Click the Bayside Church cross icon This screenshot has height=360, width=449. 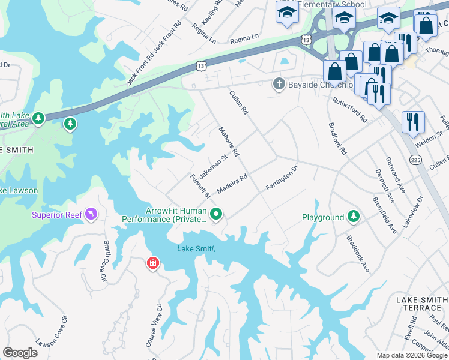pyautogui.click(x=279, y=84)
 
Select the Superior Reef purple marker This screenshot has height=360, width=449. pyautogui.click(x=91, y=214)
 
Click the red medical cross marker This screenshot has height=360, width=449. pyautogui.click(x=153, y=263)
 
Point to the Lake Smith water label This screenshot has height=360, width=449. pyautogui.click(x=196, y=248)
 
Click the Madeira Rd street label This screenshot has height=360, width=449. pyautogui.click(x=232, y=184)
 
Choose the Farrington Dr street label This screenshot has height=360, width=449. pyautogui.click(x=282, y=178)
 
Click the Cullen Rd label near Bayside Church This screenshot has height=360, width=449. pyautogui.click(x=238, y=103)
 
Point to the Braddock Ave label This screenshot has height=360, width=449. pyautogui.click(x=357, y=253)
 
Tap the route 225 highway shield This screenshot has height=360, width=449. pyautogui.click(x=415, y=160)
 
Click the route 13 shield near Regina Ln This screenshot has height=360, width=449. pyautogui.click(x=306, y=40)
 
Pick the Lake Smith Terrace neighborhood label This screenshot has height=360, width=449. pyautogui.click(x=421, y=303)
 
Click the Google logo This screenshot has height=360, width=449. pyautogui.click(x=20, y=353)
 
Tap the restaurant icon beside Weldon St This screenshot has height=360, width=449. pyautogui.click(x=413, y=122)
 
